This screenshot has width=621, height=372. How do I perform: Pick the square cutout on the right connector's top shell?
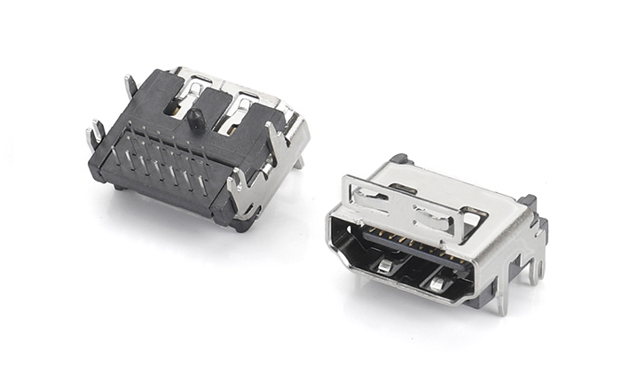475,215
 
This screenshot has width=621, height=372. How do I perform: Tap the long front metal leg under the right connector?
503,297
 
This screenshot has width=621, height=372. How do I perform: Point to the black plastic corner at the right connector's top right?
527,203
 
